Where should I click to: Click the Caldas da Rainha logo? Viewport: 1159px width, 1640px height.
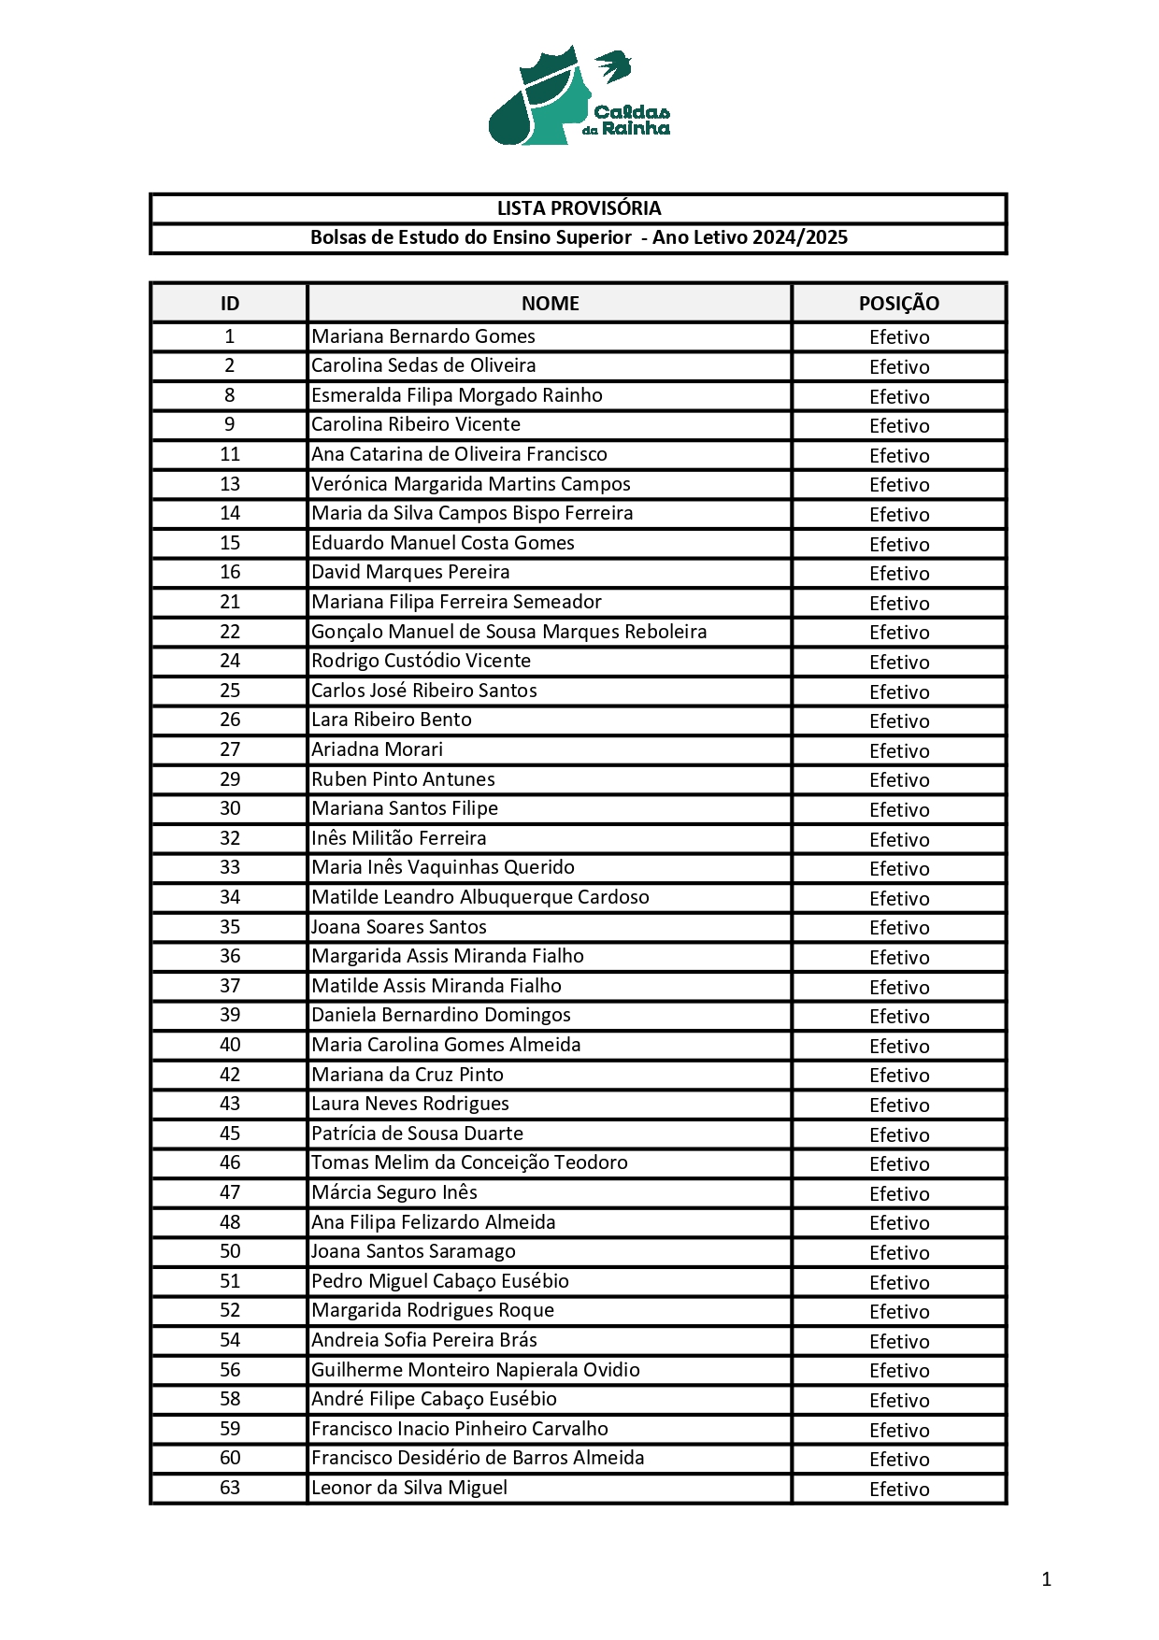coord(579,96)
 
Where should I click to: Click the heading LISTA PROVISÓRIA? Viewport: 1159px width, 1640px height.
coord(579,208)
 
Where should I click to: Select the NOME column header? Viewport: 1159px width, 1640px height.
coord(550,304)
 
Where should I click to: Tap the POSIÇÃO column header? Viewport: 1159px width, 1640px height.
coord(898,304)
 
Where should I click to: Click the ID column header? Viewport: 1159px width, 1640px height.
coord(230,304)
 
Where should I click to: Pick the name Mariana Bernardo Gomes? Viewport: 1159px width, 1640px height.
coord(423,336)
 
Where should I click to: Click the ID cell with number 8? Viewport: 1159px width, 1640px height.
coord(230,395)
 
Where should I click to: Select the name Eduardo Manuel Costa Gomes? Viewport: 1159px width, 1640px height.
coord(443,543)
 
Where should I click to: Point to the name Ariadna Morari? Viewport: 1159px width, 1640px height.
coord(378,749)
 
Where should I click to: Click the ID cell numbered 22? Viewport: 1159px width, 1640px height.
coord(230,632)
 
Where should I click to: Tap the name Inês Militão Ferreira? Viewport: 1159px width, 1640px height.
coord(399,838)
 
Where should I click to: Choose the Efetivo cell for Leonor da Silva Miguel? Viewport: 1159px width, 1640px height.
coord(899,1489)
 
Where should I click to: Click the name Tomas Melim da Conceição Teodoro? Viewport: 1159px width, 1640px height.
coord(469,1162)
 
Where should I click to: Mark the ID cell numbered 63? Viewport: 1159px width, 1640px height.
coord(230,1488)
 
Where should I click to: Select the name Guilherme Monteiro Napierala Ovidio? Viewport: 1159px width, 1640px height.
coord(476,1370)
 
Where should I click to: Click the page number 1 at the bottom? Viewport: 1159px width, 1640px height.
coord(1046,1579)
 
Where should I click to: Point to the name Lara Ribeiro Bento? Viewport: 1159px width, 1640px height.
coord(392,720)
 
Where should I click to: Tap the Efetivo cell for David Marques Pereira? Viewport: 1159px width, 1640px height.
coord(899,573)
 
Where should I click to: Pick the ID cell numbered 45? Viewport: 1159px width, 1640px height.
coord(230,1134)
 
